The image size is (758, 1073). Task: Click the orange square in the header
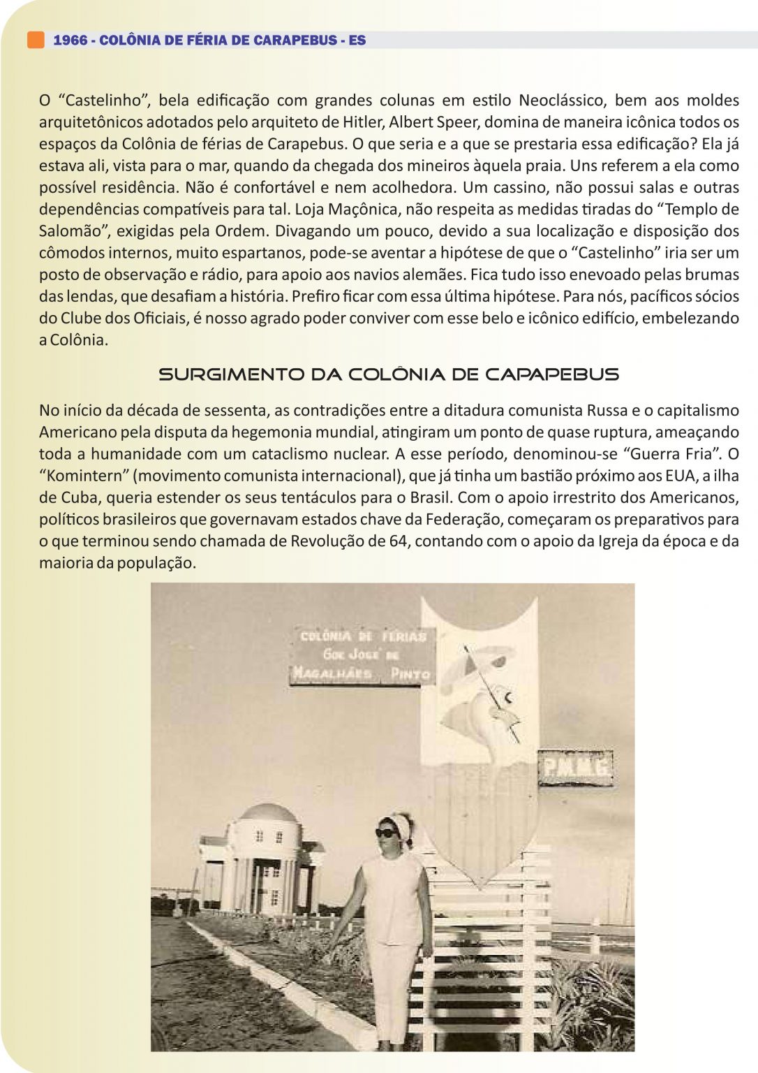pyautogui.click(x=36, y=40)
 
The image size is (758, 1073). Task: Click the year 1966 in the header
pyautogui.click(x=70, y=41)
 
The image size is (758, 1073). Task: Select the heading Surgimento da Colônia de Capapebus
pyautogui.click(x=389, y=374)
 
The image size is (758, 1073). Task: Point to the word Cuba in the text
pyautogui.click(x=81, y=497)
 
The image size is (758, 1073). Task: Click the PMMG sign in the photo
pyautogui.click(x=576, y=768)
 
